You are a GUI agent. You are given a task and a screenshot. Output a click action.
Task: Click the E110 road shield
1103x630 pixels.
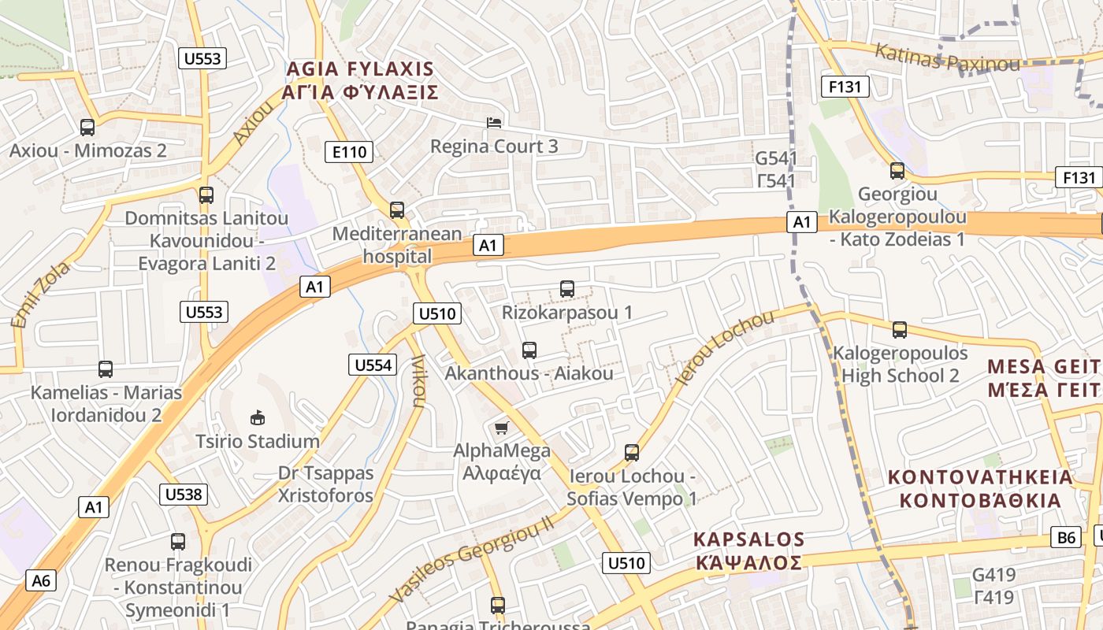[x=349, y=152]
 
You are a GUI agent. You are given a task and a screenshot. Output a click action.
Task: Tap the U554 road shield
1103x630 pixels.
[x=372, y=365]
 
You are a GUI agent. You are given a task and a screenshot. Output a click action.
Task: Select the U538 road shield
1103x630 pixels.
[x=184, y=495]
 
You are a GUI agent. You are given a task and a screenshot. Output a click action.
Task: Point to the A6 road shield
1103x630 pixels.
[x=41, y=581]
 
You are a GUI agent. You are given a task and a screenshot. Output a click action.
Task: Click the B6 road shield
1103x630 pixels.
[x=1066, y=538]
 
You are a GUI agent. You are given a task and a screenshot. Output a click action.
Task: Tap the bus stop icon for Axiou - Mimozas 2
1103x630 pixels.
[x=87, y=127]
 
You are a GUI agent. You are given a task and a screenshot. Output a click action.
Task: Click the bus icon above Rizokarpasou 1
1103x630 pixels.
[x=567, y=289]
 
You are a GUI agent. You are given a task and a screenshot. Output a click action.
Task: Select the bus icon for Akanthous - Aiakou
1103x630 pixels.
[x=529, y=350]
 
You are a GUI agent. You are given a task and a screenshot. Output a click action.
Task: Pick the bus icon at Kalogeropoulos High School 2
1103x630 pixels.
[x=900, y=330]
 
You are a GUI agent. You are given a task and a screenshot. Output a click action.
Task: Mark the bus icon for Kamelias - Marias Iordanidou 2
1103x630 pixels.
[x=106, y=369]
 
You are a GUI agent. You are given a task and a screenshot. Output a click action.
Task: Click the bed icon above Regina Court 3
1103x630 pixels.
[x=494, y=122]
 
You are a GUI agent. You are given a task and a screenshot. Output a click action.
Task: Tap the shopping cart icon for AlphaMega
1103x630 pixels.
[x=501, y=428]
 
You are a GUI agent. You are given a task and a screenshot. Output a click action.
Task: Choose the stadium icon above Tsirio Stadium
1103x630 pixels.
[x=257, y=417]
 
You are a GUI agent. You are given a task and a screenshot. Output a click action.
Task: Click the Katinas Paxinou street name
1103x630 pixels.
[x=947, y=58]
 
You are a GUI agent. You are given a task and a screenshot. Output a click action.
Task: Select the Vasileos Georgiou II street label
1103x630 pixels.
[x=471, y=555]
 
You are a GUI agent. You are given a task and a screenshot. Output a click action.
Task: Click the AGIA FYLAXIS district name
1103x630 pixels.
[x=360, y=68]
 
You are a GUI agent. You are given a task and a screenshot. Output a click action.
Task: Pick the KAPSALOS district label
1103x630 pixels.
[x=748, y=539]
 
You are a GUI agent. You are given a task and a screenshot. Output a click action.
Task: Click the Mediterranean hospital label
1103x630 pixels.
[x=397, y=245]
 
